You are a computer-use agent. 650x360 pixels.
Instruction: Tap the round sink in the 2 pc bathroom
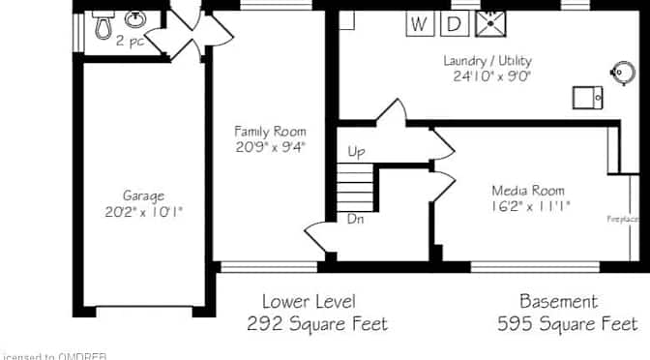[136, 20]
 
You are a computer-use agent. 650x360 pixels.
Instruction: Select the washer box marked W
[419, 23]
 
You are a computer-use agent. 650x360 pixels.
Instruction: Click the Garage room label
[143, 195]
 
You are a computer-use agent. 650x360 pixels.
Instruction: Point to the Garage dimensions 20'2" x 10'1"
[143, 211]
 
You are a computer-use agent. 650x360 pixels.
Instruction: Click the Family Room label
[271, 131]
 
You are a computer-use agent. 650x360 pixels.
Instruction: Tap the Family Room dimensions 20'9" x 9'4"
[271, 147]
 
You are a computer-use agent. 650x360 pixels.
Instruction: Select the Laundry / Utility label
[488, 60]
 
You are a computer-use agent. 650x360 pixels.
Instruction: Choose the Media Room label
[528, 190]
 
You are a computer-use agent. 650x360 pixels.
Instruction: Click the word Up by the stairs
[355, 152]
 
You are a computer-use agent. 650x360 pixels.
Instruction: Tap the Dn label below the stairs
[355, 219]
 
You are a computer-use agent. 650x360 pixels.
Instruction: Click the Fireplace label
[622, 219]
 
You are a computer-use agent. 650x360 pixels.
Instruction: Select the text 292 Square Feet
[317, 323]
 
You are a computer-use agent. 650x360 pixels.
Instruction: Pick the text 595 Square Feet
[567, 323]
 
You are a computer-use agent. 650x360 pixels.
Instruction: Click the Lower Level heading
[310, 301]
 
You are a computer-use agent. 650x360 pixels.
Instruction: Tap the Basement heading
[558, 301]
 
